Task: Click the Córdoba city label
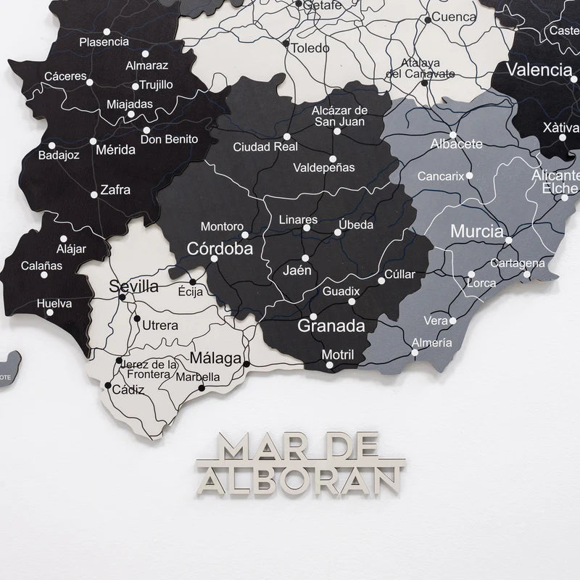220,249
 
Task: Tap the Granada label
331,326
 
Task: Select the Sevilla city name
134,287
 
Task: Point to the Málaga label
215,359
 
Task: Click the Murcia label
477,233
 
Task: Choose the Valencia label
539,70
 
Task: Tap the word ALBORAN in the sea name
300,478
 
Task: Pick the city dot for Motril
331,367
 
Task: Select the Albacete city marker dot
452,134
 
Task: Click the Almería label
431,343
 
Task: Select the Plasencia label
104,42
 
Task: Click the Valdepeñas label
324,167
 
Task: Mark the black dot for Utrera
136,318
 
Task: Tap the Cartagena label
517,263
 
